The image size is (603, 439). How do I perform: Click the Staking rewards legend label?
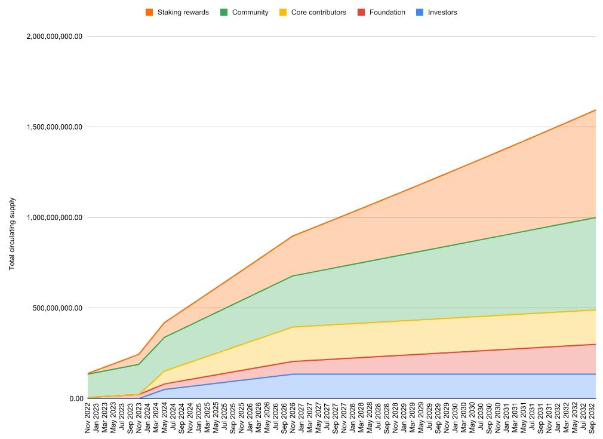pos(183,12)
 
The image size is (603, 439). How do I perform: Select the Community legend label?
pos(250,12)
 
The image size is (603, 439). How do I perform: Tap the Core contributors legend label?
pos(318,12)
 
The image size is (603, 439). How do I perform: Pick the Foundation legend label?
pos(387,12)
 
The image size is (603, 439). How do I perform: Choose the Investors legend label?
pos(442,12)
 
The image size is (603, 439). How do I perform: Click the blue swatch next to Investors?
pos(420,12)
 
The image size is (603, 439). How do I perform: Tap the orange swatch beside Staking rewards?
pos(149,12)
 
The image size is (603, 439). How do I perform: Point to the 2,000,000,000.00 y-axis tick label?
pos(54,37)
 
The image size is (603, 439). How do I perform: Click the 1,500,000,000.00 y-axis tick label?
pos(54,127)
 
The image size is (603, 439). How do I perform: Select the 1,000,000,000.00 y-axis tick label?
pos(54,218)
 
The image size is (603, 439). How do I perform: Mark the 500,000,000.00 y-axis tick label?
pos(58,308)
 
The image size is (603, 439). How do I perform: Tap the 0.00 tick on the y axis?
pos(75,399)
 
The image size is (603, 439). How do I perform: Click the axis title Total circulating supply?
pos(12,234)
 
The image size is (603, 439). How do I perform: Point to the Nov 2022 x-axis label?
pos(88,418)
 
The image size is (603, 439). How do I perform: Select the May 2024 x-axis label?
pos(164,418)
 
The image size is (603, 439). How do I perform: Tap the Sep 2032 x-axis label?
pos(592,418)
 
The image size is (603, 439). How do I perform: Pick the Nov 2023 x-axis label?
pos(139,418)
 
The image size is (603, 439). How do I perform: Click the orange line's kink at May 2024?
pos(164,323)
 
